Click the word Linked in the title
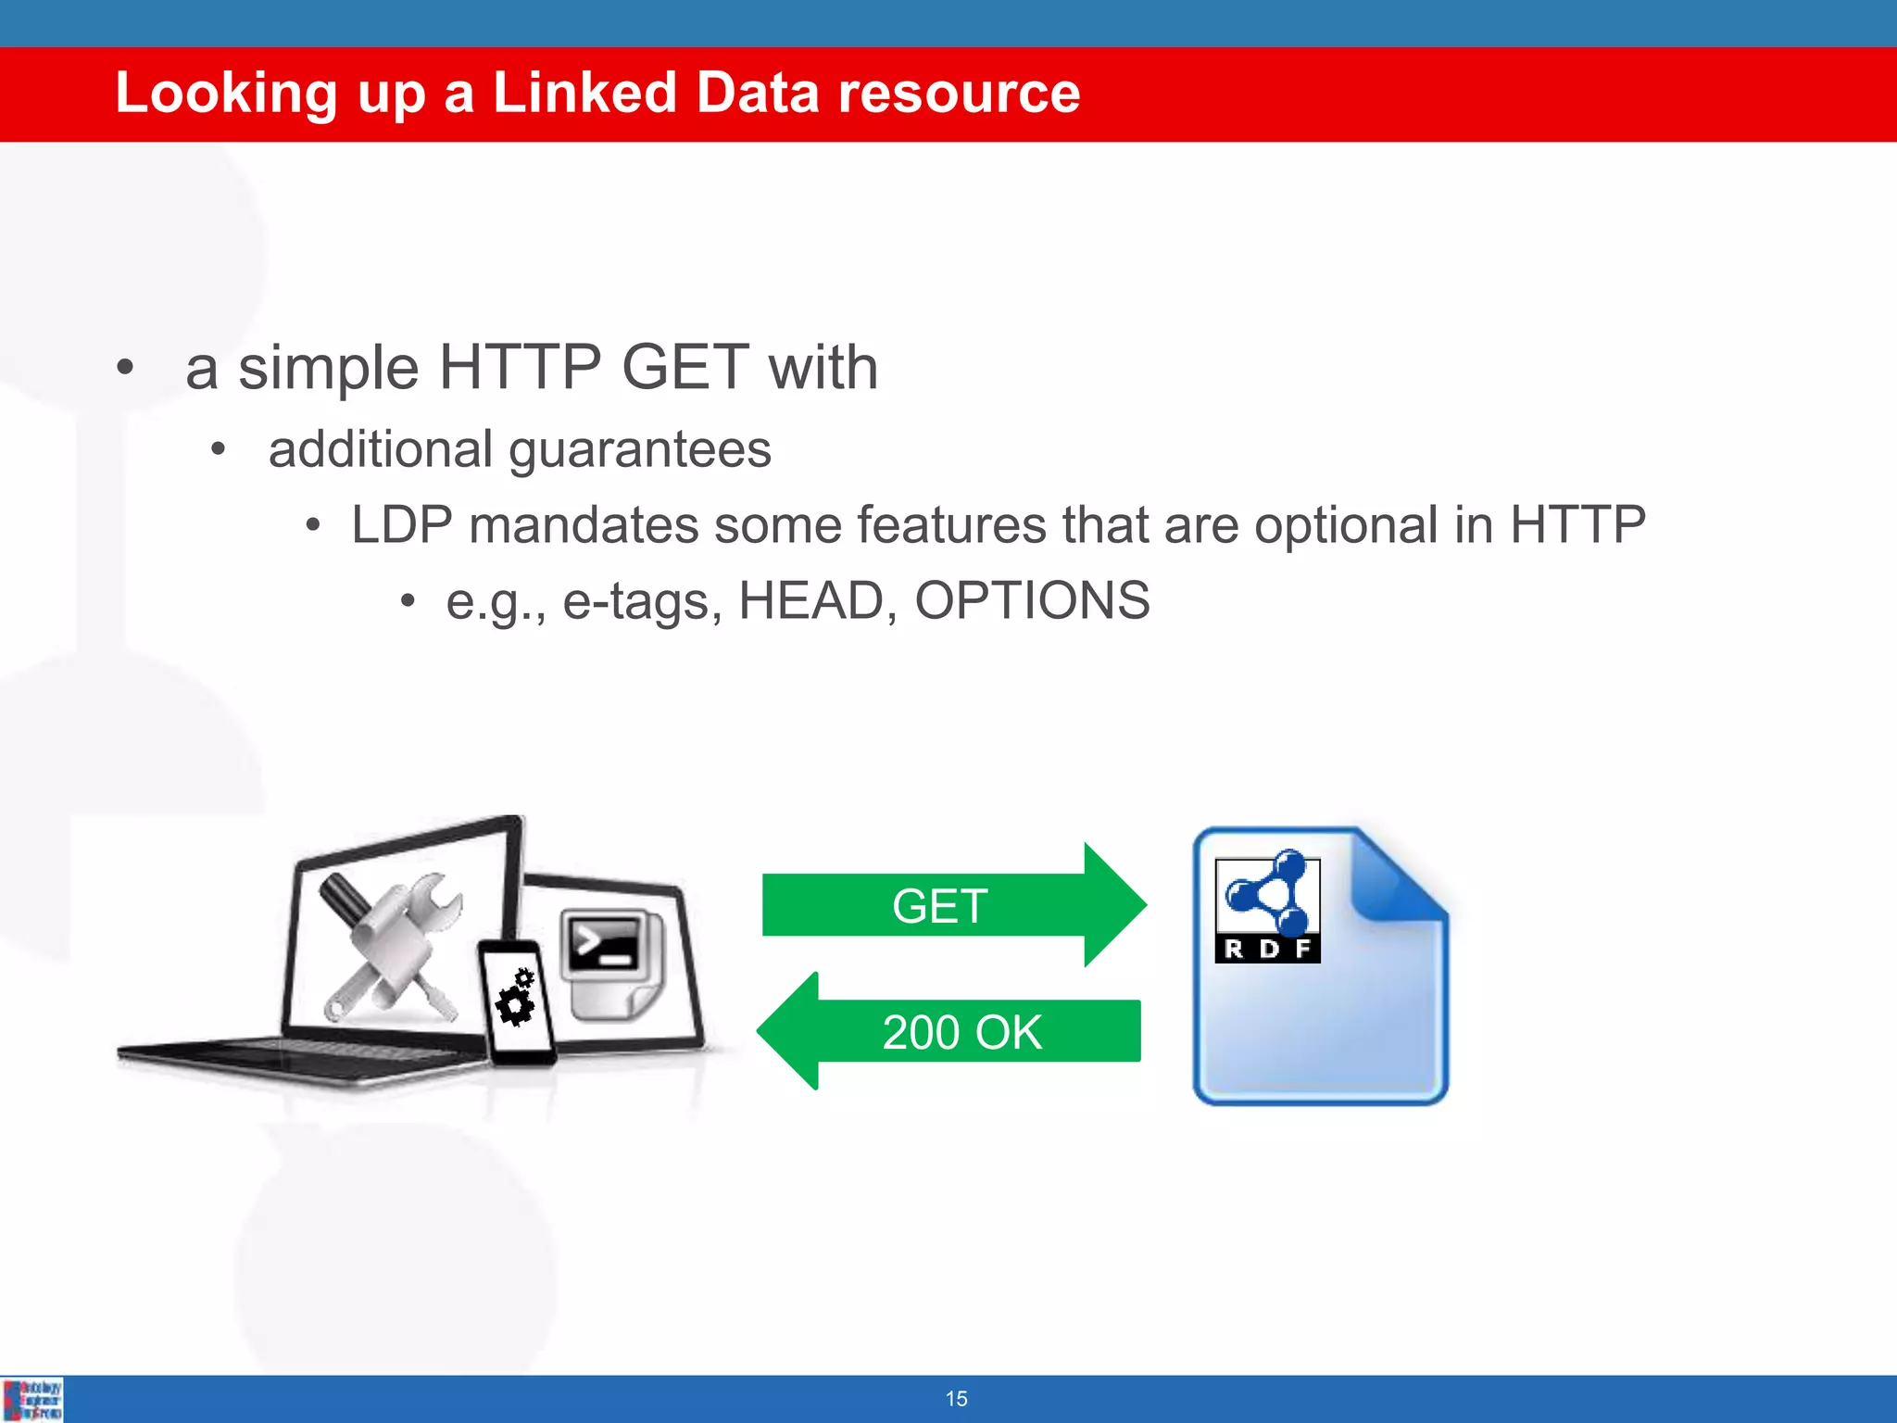coord(584,93)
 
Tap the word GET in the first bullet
coord(685,367)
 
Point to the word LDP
coord(401,525)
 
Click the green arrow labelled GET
coord(954,905)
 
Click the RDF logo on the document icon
coord(1267,908)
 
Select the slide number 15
coord(956,1399)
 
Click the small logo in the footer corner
coord(32,1399)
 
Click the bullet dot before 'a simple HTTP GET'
coord(126,368)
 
